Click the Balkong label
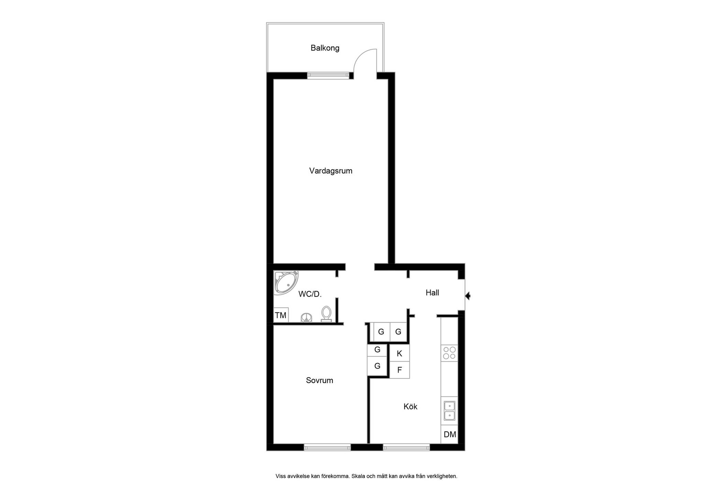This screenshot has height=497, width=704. (325, 48)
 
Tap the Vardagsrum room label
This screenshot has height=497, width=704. (331, 171)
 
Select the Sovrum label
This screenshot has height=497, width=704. (320, 380)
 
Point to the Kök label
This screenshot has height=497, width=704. (410, 406)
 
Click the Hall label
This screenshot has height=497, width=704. (432, 293)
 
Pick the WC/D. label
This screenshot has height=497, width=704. (310, 294)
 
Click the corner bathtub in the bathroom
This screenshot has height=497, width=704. (286, 283)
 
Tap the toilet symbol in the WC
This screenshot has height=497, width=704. (326, 314)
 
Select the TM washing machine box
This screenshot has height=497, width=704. (281, 315)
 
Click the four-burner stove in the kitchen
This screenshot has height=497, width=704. (449, 353)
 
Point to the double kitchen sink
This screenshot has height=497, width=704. (450, 411)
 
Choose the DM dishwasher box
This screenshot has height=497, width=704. (450, 434)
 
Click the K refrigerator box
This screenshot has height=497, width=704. (399, 353)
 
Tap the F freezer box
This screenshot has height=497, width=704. (399, 370)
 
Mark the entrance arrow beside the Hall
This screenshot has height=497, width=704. (467, 295)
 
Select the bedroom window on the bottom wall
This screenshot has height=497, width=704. (327, 447)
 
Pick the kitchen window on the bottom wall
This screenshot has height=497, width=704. (406, 447)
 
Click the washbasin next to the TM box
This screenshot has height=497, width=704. (306, 318)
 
